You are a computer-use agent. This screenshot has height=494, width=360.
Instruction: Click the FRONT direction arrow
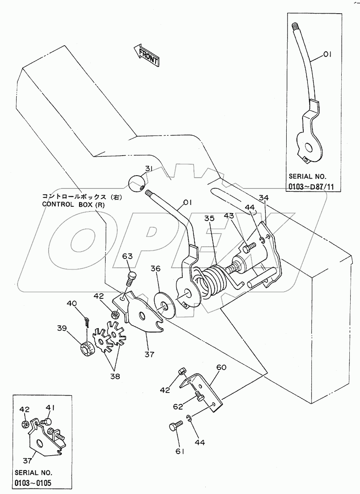[x=146, y=55]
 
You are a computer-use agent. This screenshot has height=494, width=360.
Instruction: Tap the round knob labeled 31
[x=137, y=184]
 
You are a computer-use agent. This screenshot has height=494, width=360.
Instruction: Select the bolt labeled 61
[x=176, y=427]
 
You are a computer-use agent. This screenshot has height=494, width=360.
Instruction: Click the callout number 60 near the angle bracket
[x=222, y=367]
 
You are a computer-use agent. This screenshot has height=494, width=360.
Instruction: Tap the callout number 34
[x=264, y=198]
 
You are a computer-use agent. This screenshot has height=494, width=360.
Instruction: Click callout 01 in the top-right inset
[x=327, y=54]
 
